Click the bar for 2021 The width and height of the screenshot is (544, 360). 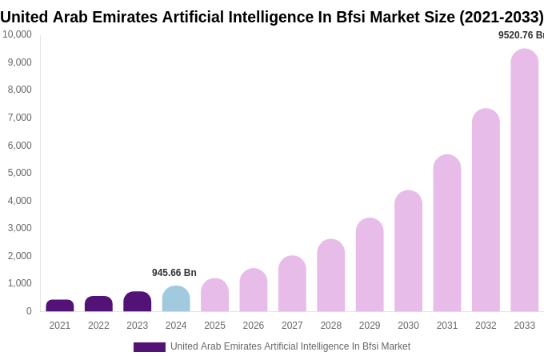[x=60, y=306]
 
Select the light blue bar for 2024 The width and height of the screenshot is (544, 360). [x=176, y=298]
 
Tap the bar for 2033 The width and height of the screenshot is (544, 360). [x=525, y=180]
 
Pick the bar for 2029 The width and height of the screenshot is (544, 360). [x=370, y=265]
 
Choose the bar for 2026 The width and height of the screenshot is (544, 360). [x=254, y=290]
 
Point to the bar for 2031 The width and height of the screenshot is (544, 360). [x=447, y=233]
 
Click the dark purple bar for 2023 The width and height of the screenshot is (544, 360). [x=138, y=302]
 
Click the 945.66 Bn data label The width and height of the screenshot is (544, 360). [x=174, y=273]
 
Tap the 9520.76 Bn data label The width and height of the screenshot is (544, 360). [x=521, y=35]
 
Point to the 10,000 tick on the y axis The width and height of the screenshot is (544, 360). [x=17, y=34]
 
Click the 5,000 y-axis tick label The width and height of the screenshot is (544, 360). [x=19, y=173]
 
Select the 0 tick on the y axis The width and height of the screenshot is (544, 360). [x=29, y=311]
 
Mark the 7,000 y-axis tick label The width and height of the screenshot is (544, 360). [x=19, y=118]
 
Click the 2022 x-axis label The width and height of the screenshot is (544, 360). [x=98, y=326]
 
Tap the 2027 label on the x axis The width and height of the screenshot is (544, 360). [x=292, y=326]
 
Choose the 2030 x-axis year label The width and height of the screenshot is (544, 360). [x=408, y=326]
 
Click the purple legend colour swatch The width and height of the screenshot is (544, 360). [x=150, y=347]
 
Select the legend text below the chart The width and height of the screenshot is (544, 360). [x=290, y=346]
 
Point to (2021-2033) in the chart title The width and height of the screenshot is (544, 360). [x=501, y=17]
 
